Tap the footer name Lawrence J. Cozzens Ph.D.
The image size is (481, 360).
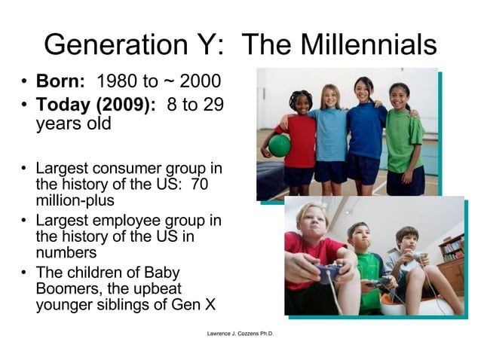240,332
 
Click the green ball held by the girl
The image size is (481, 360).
278,145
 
